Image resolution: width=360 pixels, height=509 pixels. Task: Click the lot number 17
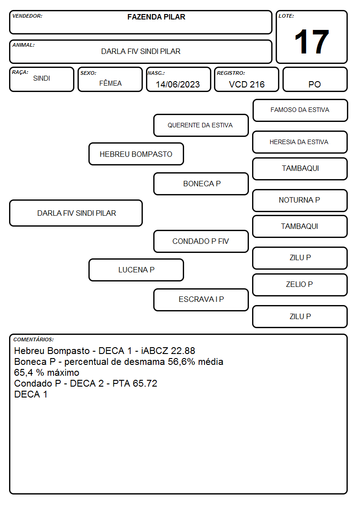click(x=311, y=42)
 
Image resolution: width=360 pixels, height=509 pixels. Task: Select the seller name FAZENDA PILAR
click(x=156, y=17)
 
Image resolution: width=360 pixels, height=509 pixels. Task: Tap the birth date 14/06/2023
click(x=178, y=84)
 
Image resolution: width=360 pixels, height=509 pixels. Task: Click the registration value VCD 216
click(x=247, y=84)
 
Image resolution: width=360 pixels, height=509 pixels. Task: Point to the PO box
click(x=315, y=79)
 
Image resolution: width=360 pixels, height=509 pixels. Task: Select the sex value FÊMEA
click(x=110, y=83)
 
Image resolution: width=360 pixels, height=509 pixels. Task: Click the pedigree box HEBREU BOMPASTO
click(x=136, y=154)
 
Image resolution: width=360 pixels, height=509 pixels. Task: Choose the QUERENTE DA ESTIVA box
click(x=201, y=125)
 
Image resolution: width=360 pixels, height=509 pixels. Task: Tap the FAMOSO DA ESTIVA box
click(x=300, y=111)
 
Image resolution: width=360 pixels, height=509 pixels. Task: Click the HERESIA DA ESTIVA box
click(x=300, y=142)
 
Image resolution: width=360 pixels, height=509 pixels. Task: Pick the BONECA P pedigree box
click(x=201, y=184)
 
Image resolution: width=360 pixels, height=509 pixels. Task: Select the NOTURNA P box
click(x=300, y=200)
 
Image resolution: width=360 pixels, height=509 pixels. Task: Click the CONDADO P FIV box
click(x=201, y=241)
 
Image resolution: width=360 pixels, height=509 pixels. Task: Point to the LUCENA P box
click(x=136, y=270)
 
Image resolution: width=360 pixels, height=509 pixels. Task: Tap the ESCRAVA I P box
click(x=201, y=300)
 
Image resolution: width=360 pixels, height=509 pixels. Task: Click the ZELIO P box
click(x=300, y=285)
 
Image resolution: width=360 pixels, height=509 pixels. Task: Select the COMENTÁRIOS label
click(x=34, y=339)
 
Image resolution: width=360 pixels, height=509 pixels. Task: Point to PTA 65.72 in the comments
click(x=135, y=383)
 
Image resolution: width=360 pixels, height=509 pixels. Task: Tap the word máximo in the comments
click(x=63, y=372)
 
